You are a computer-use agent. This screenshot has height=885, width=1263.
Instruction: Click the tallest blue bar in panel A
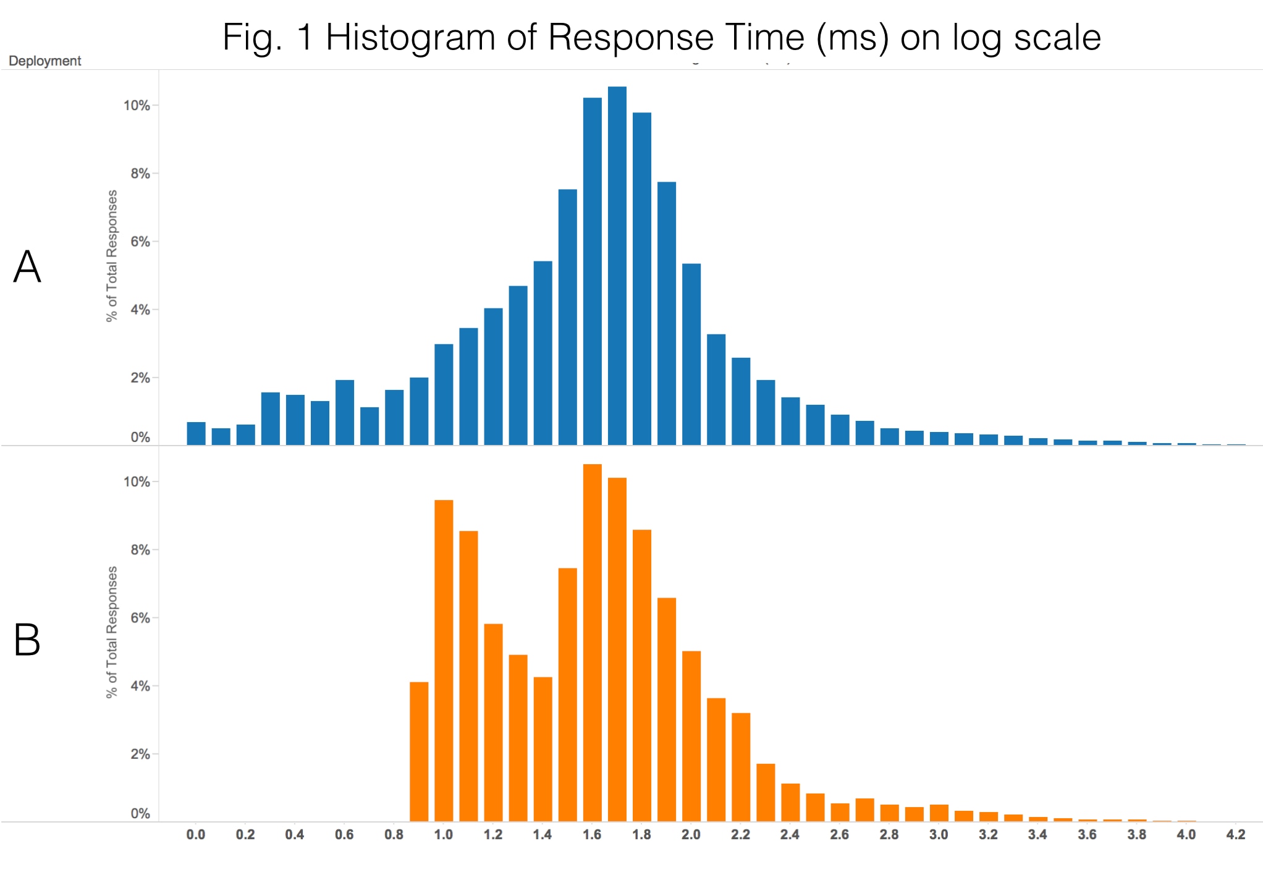617,266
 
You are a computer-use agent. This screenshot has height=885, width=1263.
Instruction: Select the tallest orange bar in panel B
592,643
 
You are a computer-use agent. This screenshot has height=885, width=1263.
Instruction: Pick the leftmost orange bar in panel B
419,752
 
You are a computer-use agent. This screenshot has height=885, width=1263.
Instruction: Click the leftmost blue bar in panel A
196,433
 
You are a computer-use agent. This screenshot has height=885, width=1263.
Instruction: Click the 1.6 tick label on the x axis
592,834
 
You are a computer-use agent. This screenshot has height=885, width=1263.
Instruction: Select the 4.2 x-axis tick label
1235,834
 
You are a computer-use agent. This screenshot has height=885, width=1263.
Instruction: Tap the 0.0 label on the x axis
196,834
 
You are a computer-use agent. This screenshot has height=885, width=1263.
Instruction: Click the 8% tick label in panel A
140,174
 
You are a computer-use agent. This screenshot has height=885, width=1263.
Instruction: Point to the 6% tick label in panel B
140,618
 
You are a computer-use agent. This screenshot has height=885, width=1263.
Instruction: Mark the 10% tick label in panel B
137,482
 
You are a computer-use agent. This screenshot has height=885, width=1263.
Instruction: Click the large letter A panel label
27,267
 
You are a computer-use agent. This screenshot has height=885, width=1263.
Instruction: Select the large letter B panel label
27,640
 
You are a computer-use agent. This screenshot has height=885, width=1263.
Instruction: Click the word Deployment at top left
44,61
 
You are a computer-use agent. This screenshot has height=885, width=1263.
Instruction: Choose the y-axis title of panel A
111,255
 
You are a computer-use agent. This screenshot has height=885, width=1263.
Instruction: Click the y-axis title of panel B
111,632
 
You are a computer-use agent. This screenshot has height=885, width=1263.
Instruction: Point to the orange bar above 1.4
543,749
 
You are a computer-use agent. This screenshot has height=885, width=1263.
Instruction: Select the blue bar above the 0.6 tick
345,412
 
